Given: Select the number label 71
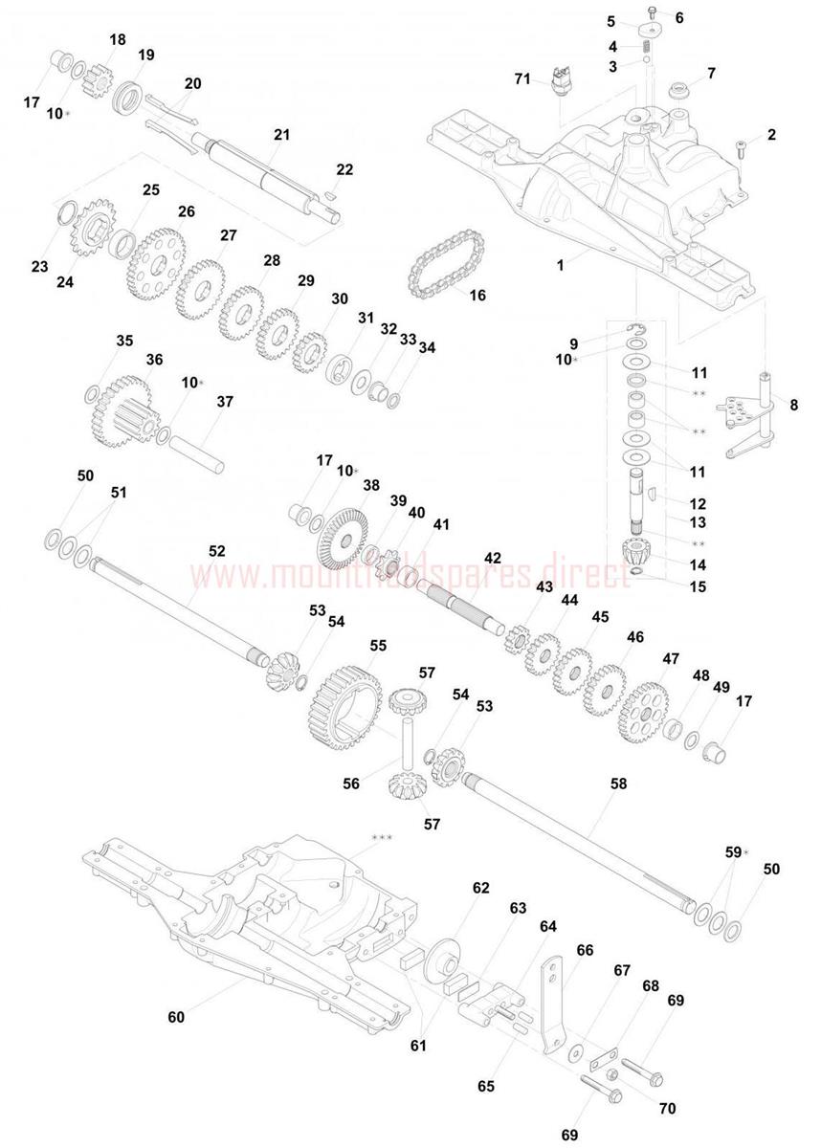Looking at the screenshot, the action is click(522, 79).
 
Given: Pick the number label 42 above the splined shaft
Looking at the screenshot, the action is click(493, 558).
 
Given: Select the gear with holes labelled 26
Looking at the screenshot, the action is click(156, 263).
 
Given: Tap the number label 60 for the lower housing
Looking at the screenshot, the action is click(176, 1016).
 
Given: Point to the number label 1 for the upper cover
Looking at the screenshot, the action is click(560, 265).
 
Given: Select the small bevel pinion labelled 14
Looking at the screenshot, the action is click(634, 552).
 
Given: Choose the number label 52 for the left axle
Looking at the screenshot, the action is click(217, 551).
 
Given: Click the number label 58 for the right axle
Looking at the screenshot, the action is click(618, 784).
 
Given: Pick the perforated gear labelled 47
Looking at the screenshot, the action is click(643, 713).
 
